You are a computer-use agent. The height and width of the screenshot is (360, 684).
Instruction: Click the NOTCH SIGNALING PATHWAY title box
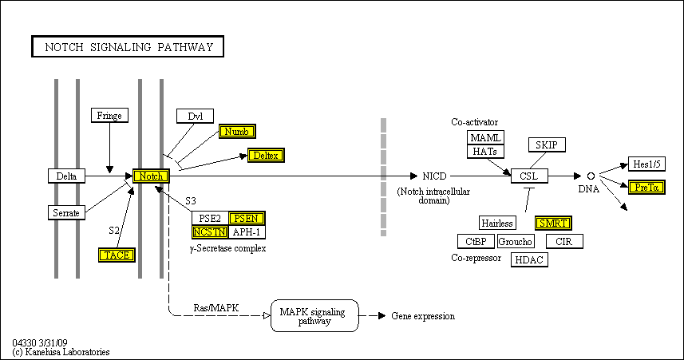point(128,47)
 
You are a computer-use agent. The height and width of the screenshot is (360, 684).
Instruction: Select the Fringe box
point(109,116)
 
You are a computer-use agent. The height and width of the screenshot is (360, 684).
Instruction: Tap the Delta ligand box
point(66,176)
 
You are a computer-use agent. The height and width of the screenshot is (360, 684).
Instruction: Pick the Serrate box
point(66,212)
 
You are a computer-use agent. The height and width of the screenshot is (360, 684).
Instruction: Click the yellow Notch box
point(151,176)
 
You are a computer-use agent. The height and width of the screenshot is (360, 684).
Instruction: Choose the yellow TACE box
point(117,255)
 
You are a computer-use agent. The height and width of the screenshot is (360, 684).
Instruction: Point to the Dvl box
point(196,117)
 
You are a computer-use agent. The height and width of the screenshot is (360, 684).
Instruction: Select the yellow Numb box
point(237,132)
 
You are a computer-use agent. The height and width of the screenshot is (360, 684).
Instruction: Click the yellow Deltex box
point(266,155)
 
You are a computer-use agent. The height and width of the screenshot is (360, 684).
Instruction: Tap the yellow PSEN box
point(247,218)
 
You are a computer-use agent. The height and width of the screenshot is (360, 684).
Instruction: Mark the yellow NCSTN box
point(210,232)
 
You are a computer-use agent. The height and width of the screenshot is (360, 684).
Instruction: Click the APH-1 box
point(247,232)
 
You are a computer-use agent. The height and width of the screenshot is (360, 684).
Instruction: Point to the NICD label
point(435,176)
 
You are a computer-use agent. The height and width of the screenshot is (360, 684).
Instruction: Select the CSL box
point(530,176)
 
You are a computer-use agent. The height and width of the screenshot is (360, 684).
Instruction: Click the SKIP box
point(548,144)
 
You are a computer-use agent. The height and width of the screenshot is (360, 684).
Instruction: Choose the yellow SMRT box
point(553,223)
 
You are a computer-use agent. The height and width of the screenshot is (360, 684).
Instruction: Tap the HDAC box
point(529,259)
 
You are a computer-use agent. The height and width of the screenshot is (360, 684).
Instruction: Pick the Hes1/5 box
point(646,164)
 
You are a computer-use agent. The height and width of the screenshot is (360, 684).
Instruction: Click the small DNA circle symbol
point(591,176)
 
